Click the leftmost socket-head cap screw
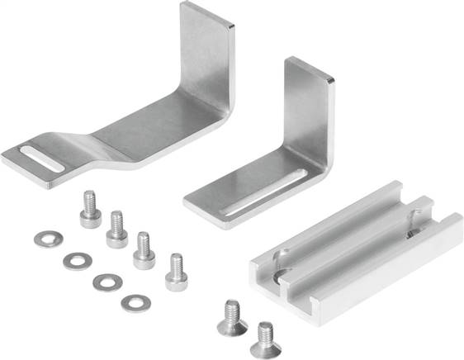pyautogui.click(x=90, y=210)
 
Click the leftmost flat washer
pyautogui.click(x=47, y=239)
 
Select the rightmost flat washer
pyautogui.click(x=135, y=304)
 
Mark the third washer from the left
pyautogui.click(x=107, y=282)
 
